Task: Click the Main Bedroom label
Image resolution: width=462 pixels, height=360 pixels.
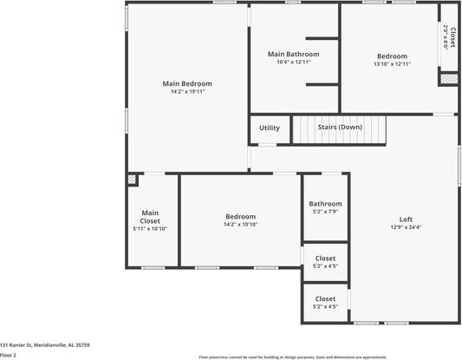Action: point(187,83)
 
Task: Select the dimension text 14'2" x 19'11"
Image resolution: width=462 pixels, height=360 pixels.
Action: point(187,91)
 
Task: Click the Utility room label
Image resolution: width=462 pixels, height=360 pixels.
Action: point(270,128)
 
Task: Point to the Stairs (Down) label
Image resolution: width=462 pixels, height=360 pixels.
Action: point(340,128)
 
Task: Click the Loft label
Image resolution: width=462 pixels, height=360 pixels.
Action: point(406,219)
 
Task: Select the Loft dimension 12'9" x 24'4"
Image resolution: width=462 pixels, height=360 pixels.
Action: point(406,227)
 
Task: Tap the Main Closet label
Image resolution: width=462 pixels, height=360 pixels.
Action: point(150,216)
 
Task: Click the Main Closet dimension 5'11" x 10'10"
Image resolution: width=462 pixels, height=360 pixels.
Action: point(150,229)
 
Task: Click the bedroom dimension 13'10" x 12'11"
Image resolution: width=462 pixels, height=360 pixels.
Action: point(392,64)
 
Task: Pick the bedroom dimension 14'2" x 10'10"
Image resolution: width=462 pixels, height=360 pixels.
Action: point(240,224)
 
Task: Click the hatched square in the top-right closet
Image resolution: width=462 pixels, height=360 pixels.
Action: point(447,79)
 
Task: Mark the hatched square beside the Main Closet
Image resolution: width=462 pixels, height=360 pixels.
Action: point(132,180)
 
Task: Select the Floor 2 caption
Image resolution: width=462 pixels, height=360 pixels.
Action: point(9,355)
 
